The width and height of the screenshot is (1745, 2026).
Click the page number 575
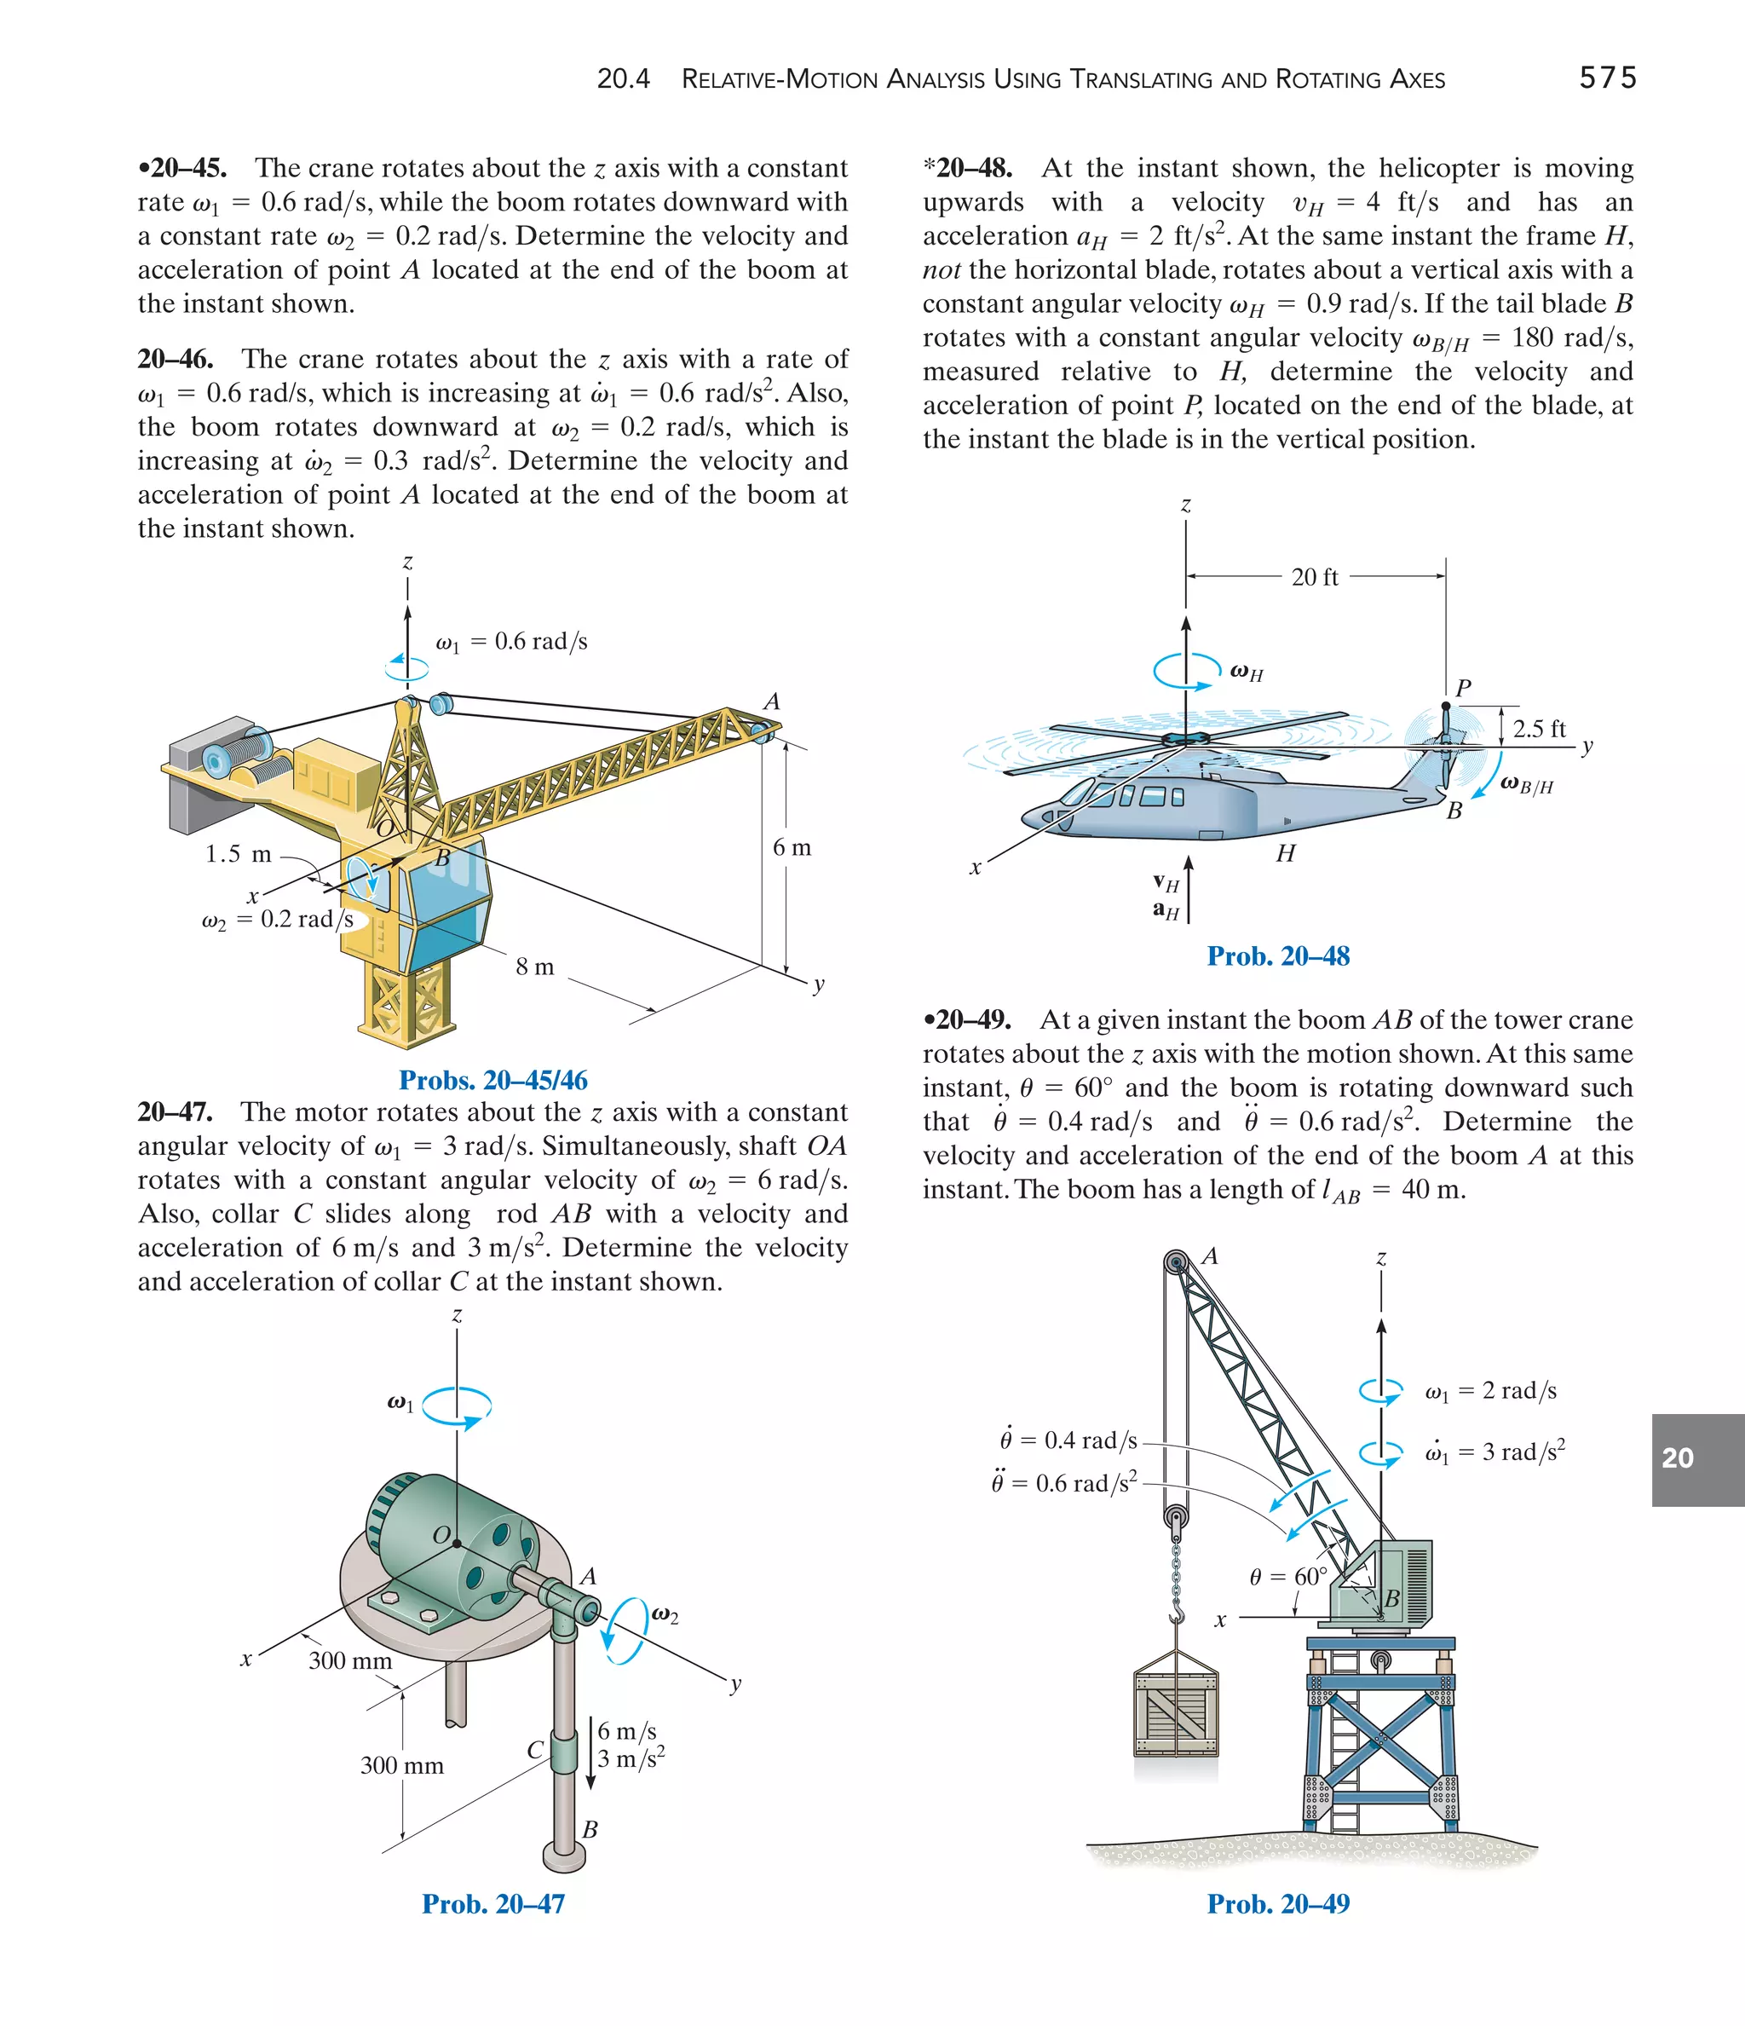tap(1607, 78)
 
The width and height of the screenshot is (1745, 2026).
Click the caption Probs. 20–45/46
tap(492, 1081)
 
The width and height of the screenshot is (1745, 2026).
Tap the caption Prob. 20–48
tap(1278, 956)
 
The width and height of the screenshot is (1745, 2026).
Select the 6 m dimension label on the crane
tap(792, 848)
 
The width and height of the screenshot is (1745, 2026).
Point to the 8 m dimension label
tap(535, 967)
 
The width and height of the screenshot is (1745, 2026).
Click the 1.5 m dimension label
tap(238, 855)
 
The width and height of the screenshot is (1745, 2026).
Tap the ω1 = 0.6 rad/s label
tap(511, 643)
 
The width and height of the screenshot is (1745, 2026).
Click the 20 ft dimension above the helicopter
tap(1314, 577)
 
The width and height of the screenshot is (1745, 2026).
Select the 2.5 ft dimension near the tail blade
tap(1539, 729)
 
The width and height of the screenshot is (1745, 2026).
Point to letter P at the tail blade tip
tap(1462, 689)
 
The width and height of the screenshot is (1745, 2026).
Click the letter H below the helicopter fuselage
tap(1286, 854)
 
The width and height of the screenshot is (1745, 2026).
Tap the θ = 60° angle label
tap(1287, 1577)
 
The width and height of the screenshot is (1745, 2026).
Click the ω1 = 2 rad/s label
tap(1490, 1390)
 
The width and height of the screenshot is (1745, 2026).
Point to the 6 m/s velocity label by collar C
tap(626, 1732)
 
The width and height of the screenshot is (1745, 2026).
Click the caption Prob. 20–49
tap(1278, 1904)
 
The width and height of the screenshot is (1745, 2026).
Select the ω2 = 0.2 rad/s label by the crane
tap(277, 921)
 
